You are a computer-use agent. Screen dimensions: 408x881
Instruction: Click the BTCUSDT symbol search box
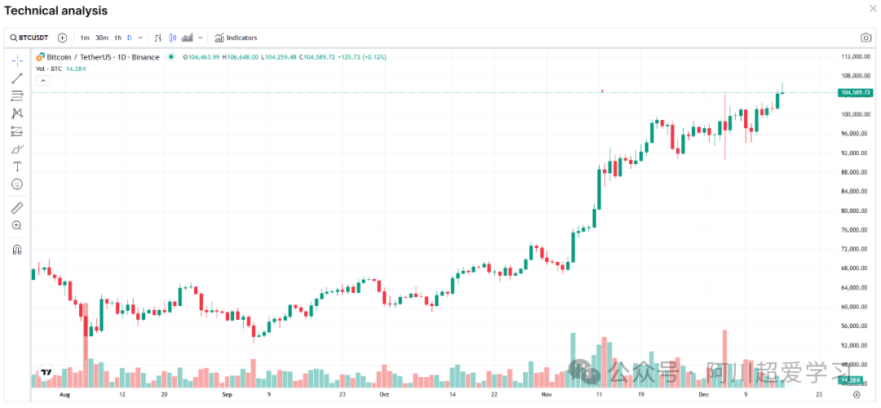[29, 38]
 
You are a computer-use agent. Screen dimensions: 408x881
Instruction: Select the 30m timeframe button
[102, 38]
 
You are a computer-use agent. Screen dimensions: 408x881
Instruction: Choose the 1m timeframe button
[85, 38]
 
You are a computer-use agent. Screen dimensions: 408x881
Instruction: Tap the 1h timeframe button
[117, 38]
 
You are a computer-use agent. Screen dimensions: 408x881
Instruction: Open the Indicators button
[236, 38]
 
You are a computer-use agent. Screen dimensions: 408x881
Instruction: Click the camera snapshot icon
[866, 38]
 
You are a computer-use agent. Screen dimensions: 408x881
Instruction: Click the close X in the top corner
[871, 9]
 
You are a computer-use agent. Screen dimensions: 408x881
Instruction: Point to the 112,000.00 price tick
[853, 56]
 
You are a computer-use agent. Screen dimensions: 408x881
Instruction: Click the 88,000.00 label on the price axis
[853, 172]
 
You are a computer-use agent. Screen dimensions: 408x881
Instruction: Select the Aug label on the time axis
[66, 393]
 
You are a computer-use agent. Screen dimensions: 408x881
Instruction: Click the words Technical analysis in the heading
[56, 11]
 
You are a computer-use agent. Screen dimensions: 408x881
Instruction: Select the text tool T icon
[17, 166]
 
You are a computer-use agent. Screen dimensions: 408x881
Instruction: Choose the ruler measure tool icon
[17, 207]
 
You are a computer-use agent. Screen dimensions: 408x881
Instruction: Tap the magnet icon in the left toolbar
[17, 250]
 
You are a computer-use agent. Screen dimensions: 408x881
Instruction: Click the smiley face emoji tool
[17, 184]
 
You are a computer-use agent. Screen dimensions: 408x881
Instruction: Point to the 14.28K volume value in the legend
[75, 69]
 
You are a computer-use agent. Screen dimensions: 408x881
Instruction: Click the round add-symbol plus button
[63, 38]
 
